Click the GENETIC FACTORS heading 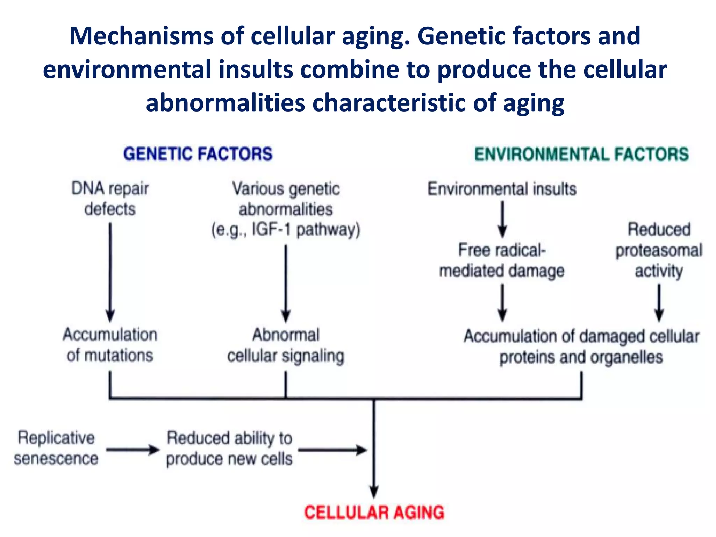click(198, 154)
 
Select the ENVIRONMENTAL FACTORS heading click(581, 154)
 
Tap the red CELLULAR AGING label click(374, 513)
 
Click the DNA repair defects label click(110, 199)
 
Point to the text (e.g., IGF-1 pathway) click(286, 230)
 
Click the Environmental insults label click(502, 189)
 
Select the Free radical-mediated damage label click(502, 260)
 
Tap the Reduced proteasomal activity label click(659, 250)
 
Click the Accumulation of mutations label click(110, 345)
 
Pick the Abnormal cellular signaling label click(286, 345)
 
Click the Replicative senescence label click(56, 448)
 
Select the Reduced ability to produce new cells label click(229, 448)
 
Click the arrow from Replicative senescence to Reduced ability click(133, 450)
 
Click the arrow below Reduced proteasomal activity click(659, 302)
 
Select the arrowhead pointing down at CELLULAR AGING click(374, 491)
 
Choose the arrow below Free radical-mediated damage click(502, 302)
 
